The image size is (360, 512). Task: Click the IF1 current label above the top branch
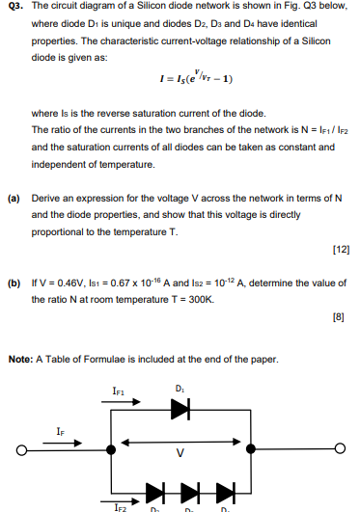[119, 391]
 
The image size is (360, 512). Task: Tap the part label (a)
[14, 197]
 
